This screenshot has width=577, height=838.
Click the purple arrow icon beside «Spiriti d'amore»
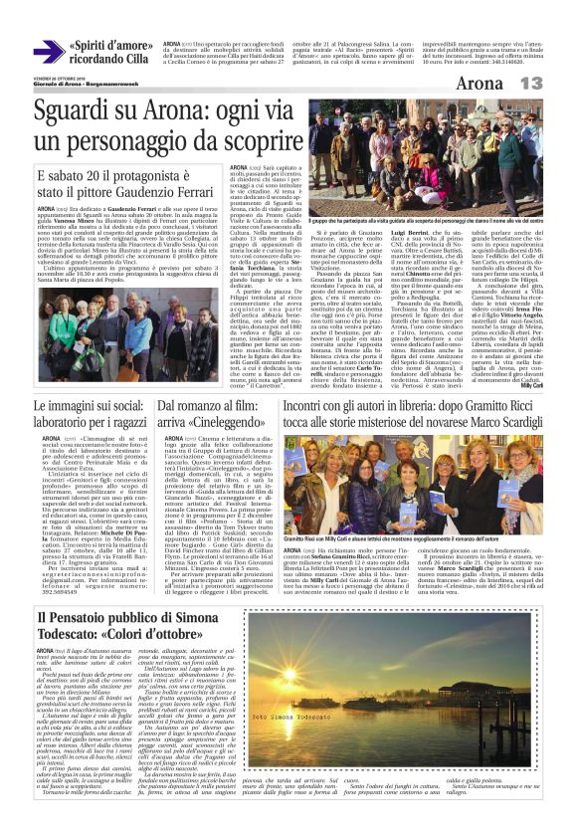[49, 52]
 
